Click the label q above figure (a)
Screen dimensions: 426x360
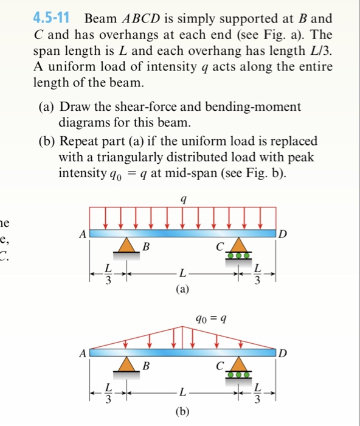[x=183, y=198]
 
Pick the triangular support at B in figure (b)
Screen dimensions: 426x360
[x=126, y=364]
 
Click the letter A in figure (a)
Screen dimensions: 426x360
[x=82, y=232]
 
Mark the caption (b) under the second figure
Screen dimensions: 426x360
[x=182, y=411]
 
